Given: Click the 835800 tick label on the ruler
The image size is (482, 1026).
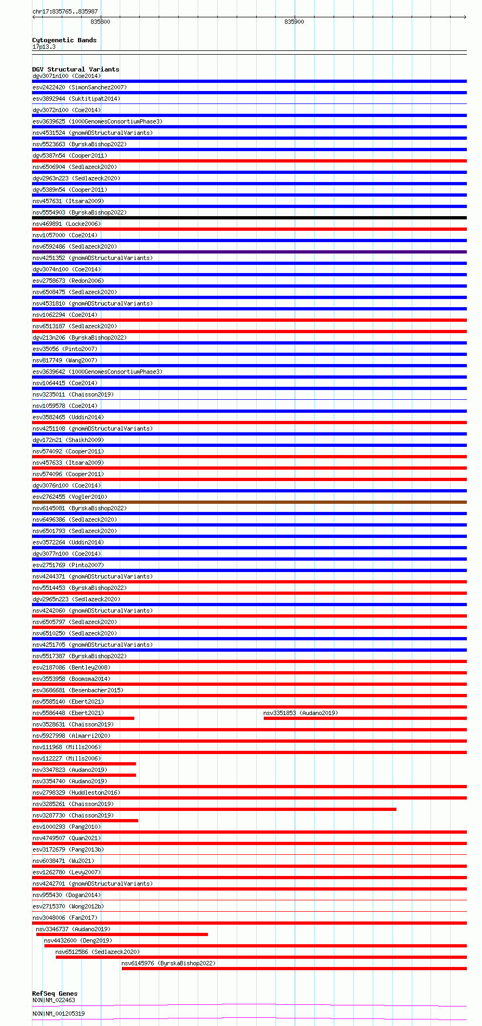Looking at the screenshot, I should [100, 22].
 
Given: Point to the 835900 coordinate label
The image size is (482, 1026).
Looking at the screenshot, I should [294, 22].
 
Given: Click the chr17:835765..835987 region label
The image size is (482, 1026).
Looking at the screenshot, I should [65, 11].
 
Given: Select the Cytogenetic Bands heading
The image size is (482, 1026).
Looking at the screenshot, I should [64, 40].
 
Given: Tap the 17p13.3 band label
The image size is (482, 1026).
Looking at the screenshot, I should [44, 47].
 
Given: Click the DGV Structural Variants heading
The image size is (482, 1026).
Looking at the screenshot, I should [75, 69].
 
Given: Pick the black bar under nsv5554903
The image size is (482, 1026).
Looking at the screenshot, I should [249, 218].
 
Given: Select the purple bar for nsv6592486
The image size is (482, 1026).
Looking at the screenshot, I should [249, 252].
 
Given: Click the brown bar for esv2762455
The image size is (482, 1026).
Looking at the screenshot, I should [249, 502].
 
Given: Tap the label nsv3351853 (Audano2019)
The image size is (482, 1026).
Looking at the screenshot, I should [300, 713].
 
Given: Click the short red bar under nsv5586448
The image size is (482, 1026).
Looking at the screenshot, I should [83, 718].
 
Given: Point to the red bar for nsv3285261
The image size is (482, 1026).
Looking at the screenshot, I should [214, 809].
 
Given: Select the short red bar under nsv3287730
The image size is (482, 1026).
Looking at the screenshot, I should [85, 821].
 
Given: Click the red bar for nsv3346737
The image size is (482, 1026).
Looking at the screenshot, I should [122, 934].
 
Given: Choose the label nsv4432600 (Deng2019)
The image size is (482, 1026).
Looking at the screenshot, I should [78, 940].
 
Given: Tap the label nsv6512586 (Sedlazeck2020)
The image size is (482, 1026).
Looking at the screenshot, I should [97, 952].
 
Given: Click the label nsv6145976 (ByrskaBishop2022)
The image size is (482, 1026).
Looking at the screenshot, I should [168, 963].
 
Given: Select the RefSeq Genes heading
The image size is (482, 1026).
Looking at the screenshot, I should [55, 993].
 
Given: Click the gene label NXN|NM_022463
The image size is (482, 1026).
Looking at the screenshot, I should [54, 1000].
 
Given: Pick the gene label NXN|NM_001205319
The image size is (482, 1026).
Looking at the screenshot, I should [58, 1013].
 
